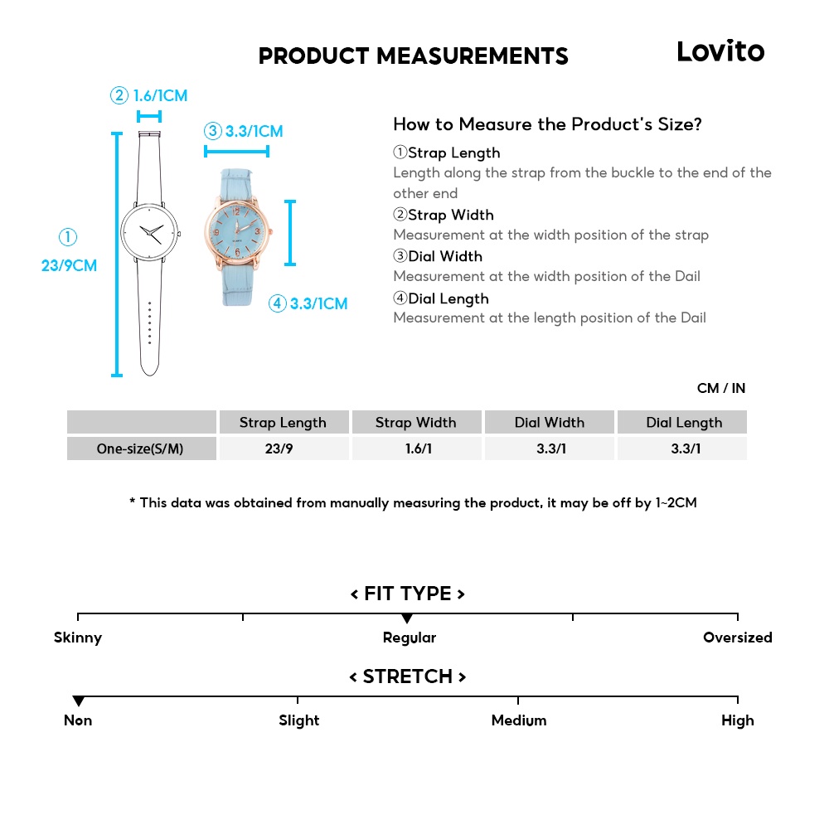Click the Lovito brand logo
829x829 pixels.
pyautogui.click(x=720, y=51)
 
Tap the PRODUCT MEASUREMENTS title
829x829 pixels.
pyautogui.click(x=413, y=56)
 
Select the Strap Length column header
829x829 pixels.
pyautogui.click(x=283, y=422)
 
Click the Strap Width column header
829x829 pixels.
pyautogui.click(x=415, y=422)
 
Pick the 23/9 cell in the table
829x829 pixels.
pyautogui.click(x=283, y=448)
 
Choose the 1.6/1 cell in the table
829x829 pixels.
pyautogui.click(x=415, y=448)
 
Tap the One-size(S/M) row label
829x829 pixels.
pyautogui.click(x=140, y=448)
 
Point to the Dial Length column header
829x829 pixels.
pyautogui.click(x=684, y=422)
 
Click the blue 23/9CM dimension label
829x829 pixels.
pyautogui.click(x=69, y=265)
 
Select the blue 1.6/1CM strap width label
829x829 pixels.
pyautogui.click(x=160, y=95)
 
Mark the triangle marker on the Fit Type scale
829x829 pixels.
pyautogui.click(x=407, y=618)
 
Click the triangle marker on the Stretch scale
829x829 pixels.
pyautogui.click(x=78, y=701)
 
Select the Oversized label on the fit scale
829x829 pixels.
pyautogui.click(x=737, y=638)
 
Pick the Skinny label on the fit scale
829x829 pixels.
pyautogui.click(x=78, y=638)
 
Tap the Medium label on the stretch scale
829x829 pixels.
pyautogui.click(x=519, y=720)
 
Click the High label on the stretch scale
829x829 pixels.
pyautogui.click(x=737, y=720)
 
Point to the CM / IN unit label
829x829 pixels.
pyautogui.click(x=721, y=388)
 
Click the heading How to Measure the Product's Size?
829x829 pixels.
pyautogui.click(x=547, y=124)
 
